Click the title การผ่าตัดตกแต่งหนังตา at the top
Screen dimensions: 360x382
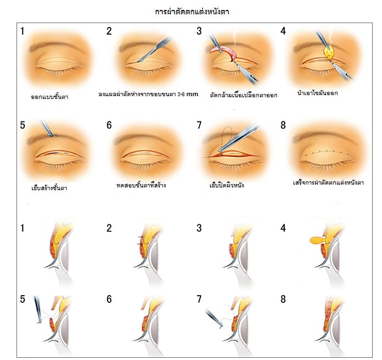191,10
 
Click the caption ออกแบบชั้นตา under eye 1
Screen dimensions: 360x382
53,97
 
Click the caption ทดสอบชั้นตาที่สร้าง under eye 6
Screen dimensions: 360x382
145,185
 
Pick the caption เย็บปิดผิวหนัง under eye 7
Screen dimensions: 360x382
227,185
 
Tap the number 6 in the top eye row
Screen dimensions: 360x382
109,125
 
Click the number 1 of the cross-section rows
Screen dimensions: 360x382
23,226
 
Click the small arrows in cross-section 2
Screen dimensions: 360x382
141,240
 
